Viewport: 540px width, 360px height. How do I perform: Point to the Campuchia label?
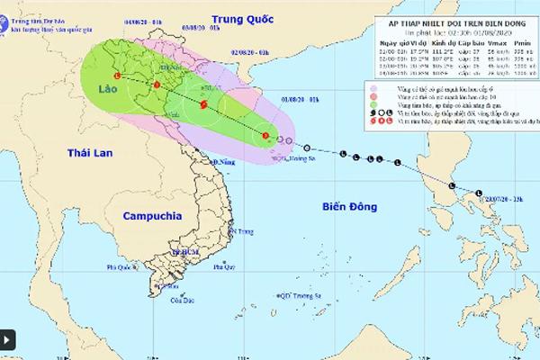click(x=149, y=216)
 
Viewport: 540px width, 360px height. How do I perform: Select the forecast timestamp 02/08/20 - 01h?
click(x=250, y=53)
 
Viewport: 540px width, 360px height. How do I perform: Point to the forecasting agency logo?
click(x=13, y=13)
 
